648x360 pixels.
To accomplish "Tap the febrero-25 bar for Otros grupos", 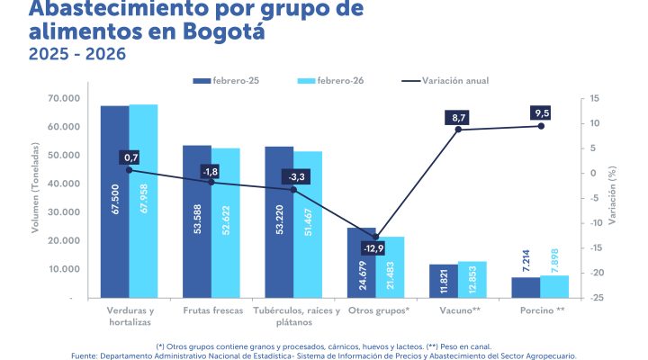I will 362,262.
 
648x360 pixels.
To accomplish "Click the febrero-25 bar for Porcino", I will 526,286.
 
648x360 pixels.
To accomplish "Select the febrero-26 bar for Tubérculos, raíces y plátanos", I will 308,224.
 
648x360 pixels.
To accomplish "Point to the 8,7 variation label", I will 459,118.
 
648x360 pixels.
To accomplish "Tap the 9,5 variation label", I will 541,113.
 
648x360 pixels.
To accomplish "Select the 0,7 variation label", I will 130,157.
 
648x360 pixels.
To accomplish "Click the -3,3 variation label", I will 294,176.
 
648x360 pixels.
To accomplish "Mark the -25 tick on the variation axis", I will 596,297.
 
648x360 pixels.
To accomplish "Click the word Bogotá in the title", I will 226,32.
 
